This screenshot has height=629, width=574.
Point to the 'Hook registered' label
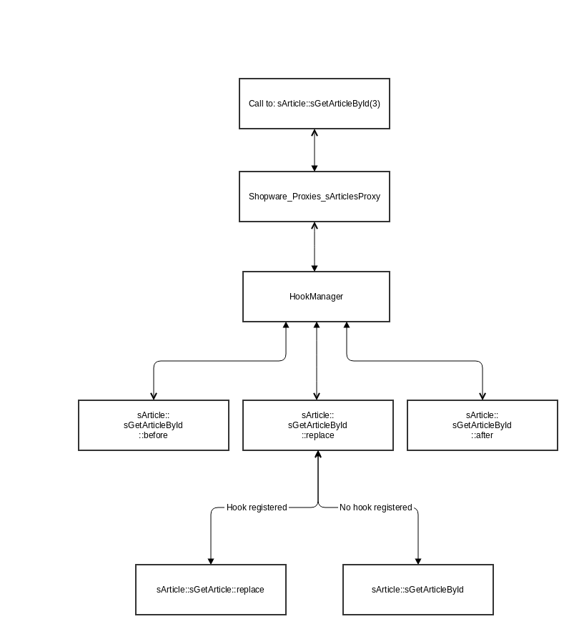pyautogui.click(x=257, y=507)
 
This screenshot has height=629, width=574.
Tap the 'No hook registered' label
pyautogui.click(x=376, y=507)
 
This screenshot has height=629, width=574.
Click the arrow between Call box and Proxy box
pyautogui.click(x=315, y=150)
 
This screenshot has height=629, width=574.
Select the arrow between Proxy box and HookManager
pyautogui.click(x=315, y=247)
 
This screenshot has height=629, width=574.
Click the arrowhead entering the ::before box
pyautogui.click(x=154, y=396)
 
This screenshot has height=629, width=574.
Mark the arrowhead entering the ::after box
pyautogui.click(x=483, y=396)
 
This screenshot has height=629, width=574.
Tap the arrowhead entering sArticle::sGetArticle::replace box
pyautogui.click(x=211, y=560)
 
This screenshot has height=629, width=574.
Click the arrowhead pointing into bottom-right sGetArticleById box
pyautogui.click(x=418, y=560)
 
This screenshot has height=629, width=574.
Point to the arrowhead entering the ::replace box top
pyautogui.click(x=317, y=396)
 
